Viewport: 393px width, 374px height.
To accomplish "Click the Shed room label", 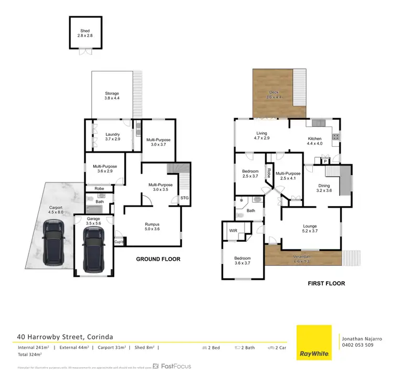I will tap(84, 33).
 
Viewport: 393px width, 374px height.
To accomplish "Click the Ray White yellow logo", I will tap(314, 343).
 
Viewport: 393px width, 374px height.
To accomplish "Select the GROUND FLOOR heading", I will tap(158, 259).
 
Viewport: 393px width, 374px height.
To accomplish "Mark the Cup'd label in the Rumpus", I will tap(120, 242).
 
